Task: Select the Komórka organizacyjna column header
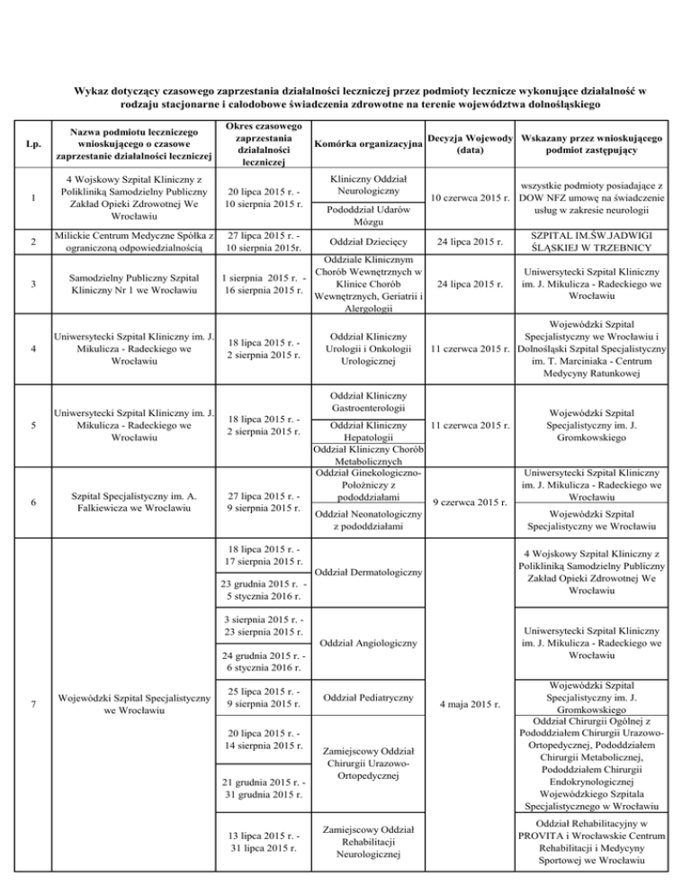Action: click(x=368, y=144)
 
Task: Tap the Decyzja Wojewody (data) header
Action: click(x=471, y=144)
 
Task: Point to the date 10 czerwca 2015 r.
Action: click(x=471, y=198)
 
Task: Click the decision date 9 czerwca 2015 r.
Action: click(x=471, y=501)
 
